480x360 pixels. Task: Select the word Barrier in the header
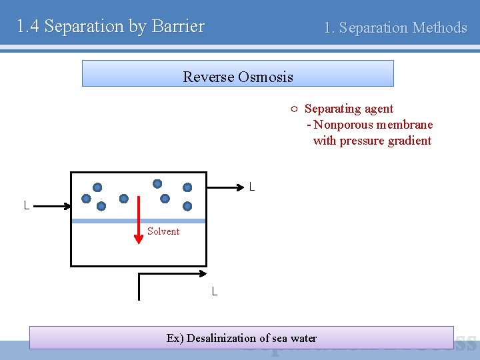[x=178, y=27]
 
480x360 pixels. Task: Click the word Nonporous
[x=343, y=125]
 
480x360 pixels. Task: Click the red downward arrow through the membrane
[x=139, y=220]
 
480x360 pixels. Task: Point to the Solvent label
[x=163, y=231]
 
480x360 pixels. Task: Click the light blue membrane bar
[x=138, y=221]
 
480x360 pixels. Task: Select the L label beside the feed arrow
[x=26, y=206]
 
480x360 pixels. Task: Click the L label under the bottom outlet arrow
[x=214, y=291]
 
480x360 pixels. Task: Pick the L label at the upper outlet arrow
[x=251, y=187]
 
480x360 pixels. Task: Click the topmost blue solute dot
[x=157, y=183]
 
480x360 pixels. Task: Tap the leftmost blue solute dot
[x=86, y=199]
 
